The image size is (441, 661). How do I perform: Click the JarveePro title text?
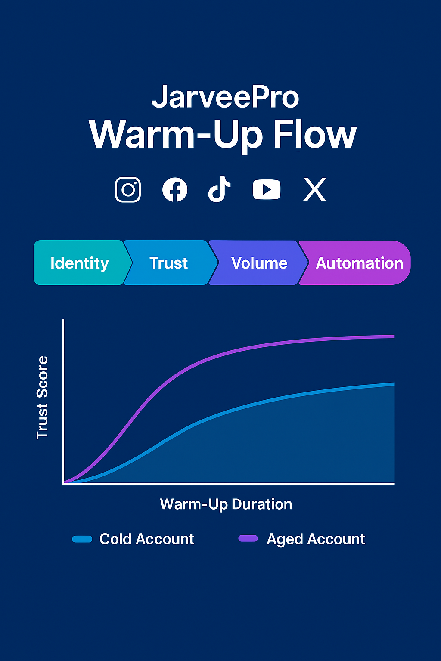click(225, 97)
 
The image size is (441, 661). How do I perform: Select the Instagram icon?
click(128, 189)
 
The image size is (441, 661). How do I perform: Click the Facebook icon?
click(175, 189)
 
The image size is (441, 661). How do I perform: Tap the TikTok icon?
click(219, 189)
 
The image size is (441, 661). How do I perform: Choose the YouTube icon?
click(267, 189)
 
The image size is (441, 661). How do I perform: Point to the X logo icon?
click(314, 189)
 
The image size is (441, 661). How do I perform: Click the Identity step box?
click(80, 263)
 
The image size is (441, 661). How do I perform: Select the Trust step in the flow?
click(169, 263)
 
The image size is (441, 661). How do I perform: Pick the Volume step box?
click(259, 263)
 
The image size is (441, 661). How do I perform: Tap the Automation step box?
click(359, 263)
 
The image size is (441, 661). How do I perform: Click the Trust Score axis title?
click(42, 398)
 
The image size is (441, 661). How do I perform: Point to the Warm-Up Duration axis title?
click(226, 504)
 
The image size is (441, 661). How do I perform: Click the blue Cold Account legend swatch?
click(82, 539)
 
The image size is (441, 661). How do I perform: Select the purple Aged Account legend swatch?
click(248, 538)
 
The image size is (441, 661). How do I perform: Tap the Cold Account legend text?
click(146, 539)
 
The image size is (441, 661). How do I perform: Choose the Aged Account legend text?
click(316, 539)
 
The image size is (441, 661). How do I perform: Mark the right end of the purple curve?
click(393, 337)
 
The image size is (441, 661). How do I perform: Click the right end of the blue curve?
click(393, 384)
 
